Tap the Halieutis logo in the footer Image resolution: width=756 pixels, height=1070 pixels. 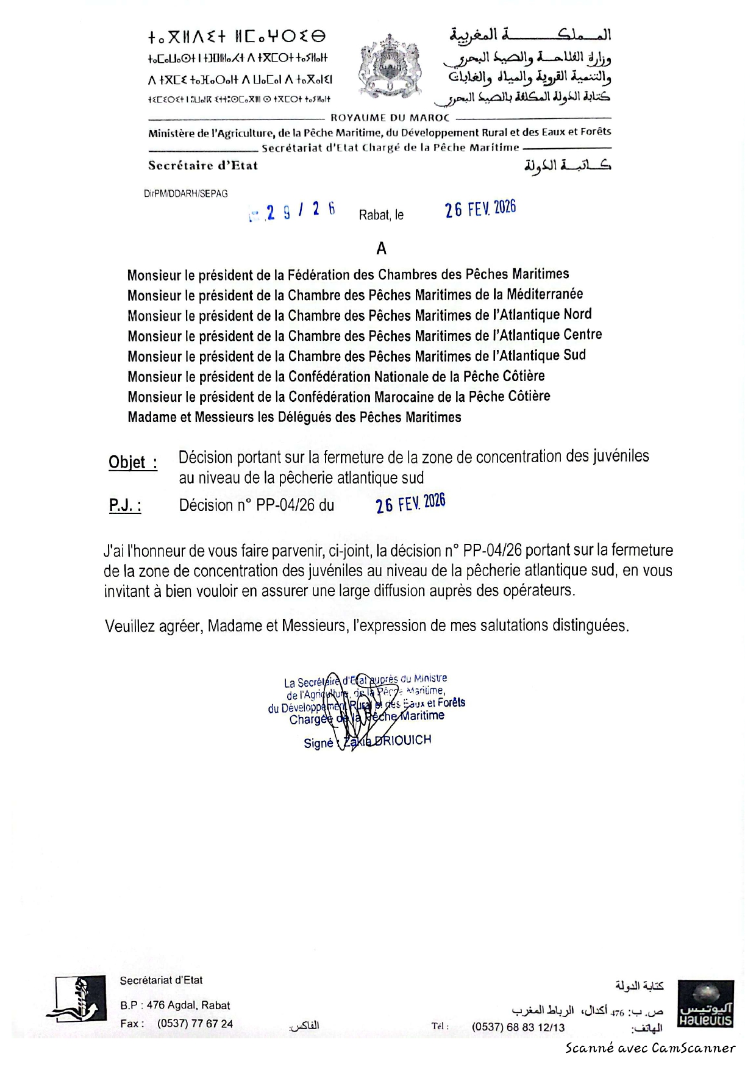point(705,1004)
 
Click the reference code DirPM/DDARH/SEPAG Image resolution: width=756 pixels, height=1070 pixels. point(186,193)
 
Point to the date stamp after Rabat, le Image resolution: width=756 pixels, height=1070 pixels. point(480,209)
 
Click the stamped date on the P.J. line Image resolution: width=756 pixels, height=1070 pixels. point(410,504)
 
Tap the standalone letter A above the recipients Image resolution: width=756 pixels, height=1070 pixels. point(382,248)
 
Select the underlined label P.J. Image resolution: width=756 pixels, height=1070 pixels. point(125,505)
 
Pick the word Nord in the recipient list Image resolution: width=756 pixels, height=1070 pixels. point(577,315)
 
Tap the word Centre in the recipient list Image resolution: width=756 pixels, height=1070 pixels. point(582,335)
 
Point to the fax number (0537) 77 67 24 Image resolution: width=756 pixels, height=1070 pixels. point(194,1024)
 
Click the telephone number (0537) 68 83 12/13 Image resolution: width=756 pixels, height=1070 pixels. point(518,1027)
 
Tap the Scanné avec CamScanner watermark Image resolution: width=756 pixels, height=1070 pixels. point(650,1048)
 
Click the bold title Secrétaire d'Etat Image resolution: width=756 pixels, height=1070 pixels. point(203,165)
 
